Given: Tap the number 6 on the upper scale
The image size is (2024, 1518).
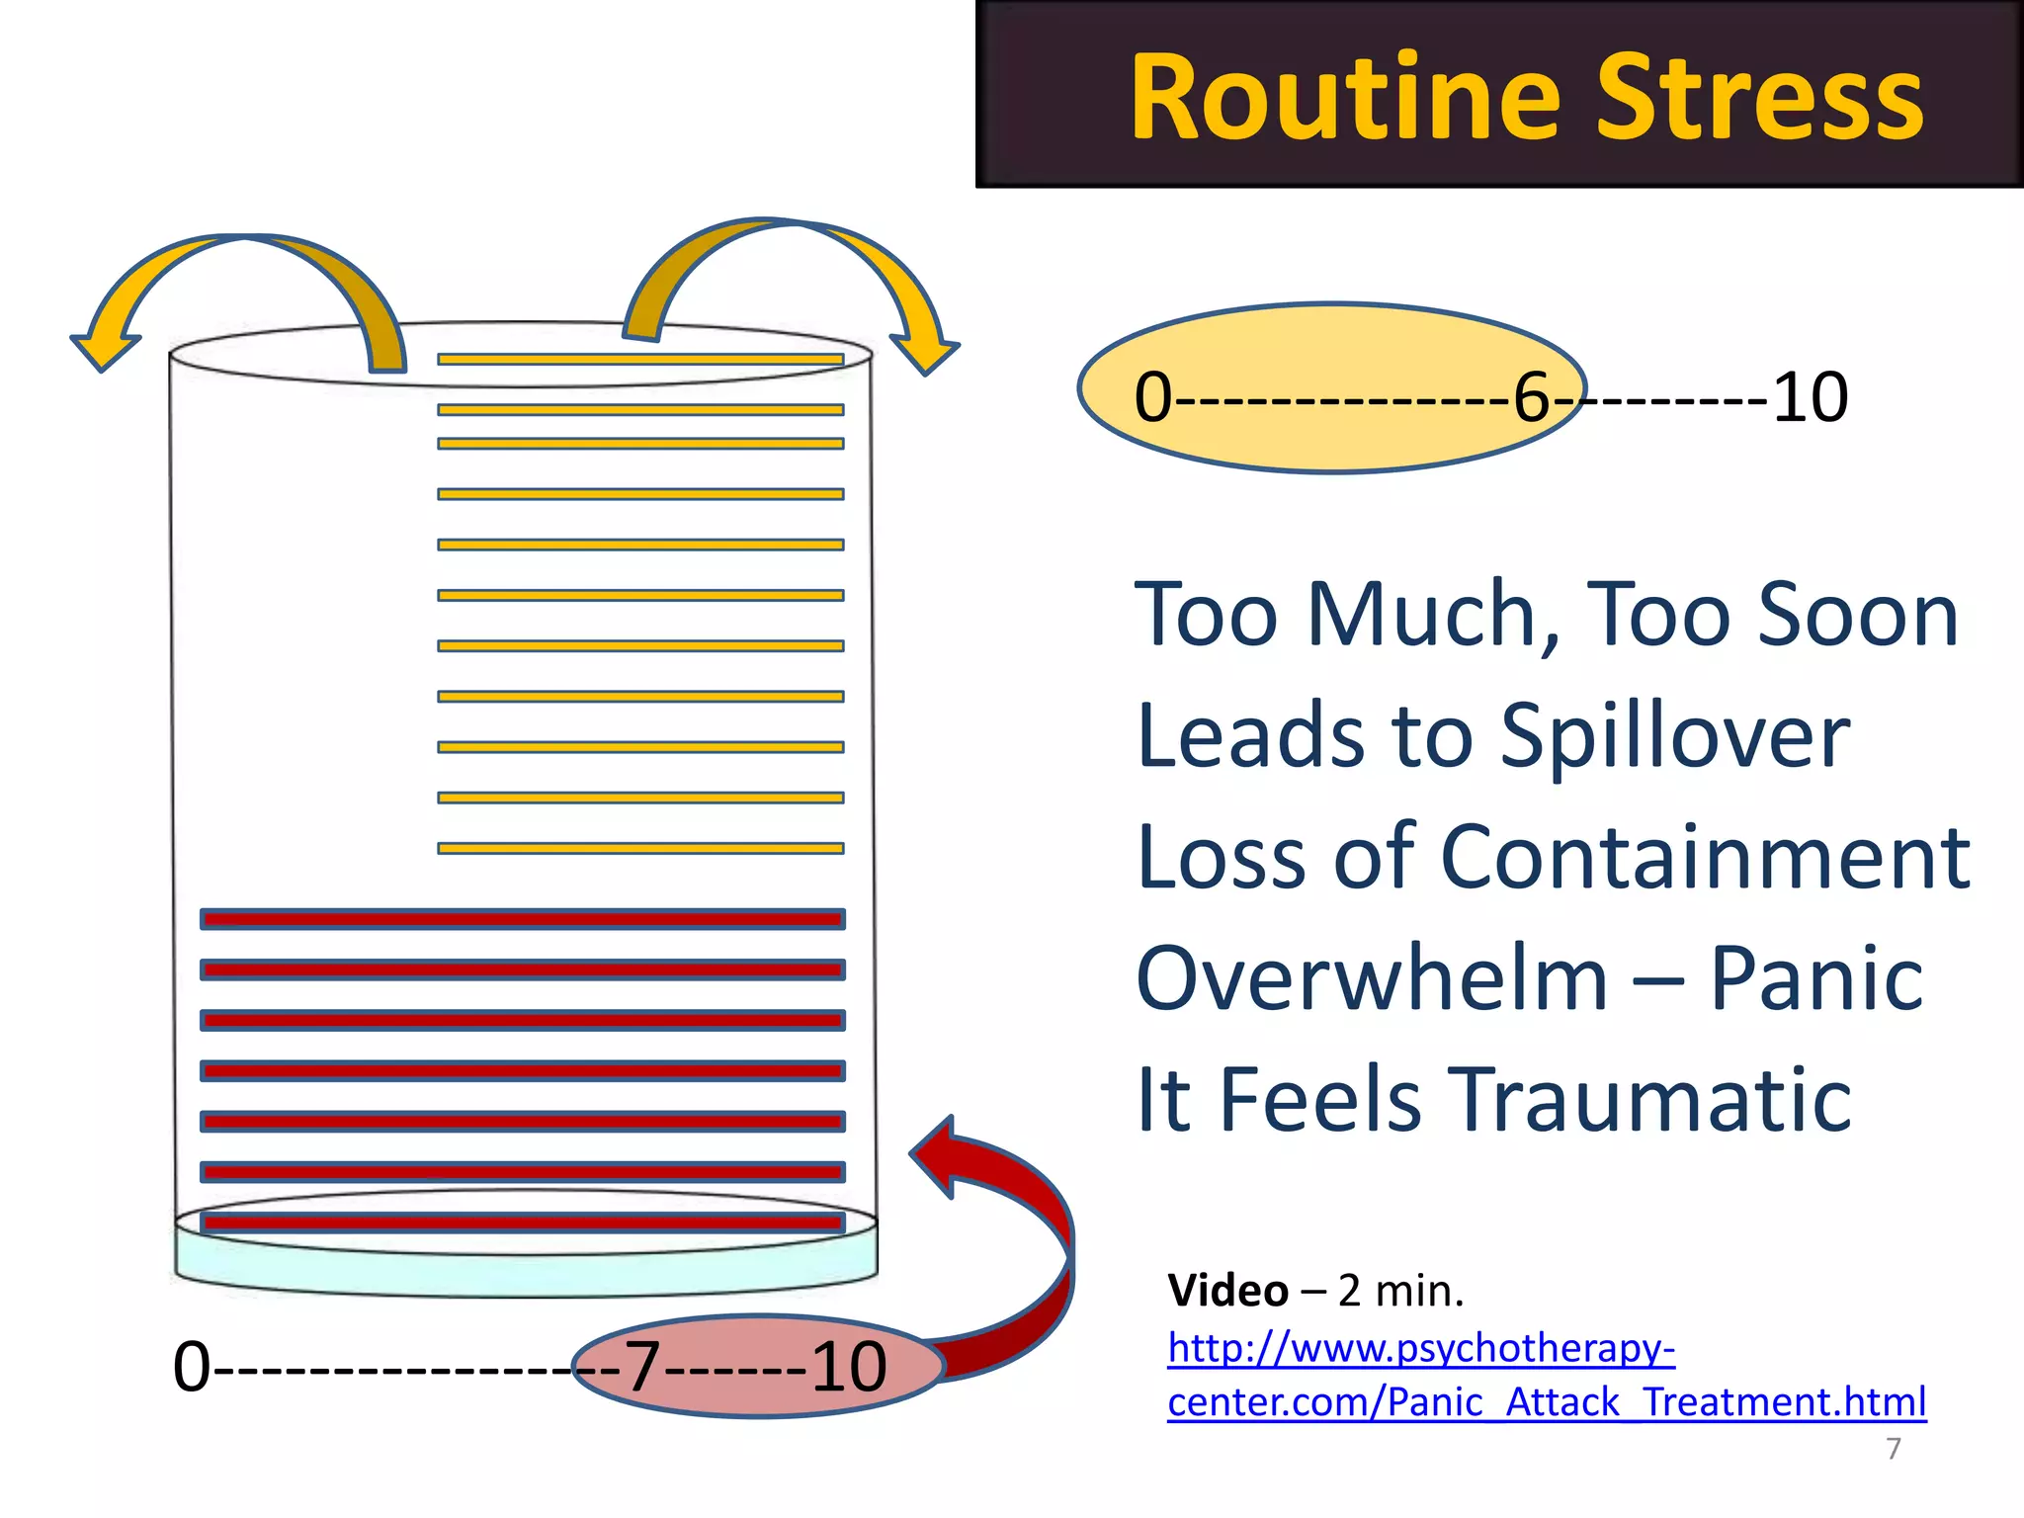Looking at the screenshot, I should click(x=1532, y=397).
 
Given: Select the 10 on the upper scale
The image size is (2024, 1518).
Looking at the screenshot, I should click(x=1810, y=397).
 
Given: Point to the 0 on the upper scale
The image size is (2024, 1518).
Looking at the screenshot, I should click(x=1152, y=397).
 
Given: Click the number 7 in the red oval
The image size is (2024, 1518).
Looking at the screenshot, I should click(x=642, y=1367).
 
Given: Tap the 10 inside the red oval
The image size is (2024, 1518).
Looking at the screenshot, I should click(x=848, y=1367).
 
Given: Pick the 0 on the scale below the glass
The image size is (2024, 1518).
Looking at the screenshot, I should click(x=192, y=1367).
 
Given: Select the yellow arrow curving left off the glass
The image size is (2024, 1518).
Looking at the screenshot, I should click(x=247, y=287).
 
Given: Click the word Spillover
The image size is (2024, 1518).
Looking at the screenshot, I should click(x=1674, y=735).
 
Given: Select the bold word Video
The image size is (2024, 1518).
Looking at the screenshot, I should click(x=1227, y=1291).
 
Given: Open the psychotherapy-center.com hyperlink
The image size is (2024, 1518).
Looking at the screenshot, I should click(x=1546, y=1375).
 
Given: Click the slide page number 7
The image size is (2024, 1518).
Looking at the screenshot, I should click(x=1893, y=1448).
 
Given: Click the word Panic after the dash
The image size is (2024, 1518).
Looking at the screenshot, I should click(x=1815, y=978).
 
